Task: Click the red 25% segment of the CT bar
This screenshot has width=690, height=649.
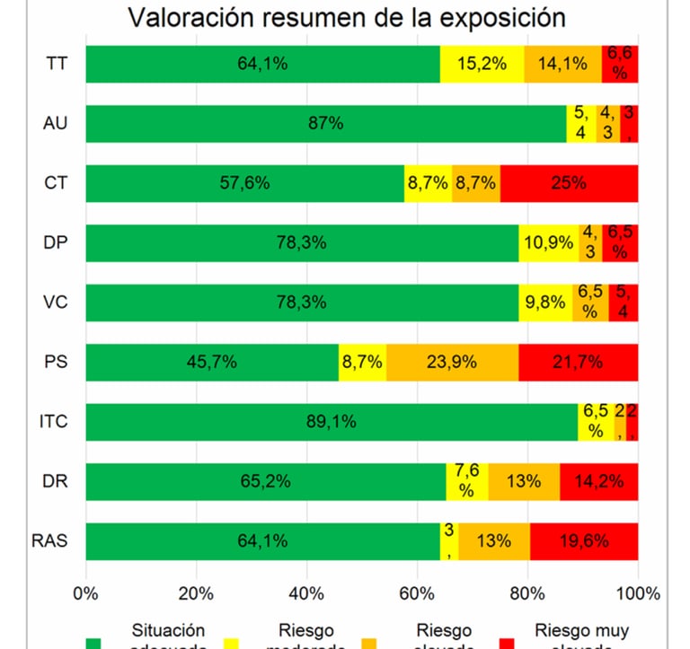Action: [569, 183]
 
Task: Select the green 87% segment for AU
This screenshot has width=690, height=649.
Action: [326, 124]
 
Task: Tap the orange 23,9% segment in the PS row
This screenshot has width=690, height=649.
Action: [452, 362]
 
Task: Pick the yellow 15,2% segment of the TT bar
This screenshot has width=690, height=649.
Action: [482, 64]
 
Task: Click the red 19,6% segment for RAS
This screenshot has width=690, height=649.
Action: [584, 540]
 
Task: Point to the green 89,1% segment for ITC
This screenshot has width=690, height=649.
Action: [332, 421]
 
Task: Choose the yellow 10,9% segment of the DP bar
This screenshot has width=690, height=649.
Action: [549, 242]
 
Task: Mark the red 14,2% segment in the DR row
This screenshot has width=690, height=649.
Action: [598, 481]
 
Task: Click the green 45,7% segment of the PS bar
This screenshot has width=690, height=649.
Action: [212, 362]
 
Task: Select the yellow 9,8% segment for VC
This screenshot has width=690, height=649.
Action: [545, 303]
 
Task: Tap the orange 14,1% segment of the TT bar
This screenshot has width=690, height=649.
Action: [562, 64]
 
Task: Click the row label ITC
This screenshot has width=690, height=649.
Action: [56, 421]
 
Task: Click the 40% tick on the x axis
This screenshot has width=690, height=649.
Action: [306, 592]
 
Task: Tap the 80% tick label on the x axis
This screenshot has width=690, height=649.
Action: [528, 592]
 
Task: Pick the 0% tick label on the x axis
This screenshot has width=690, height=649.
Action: [85, 592]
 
